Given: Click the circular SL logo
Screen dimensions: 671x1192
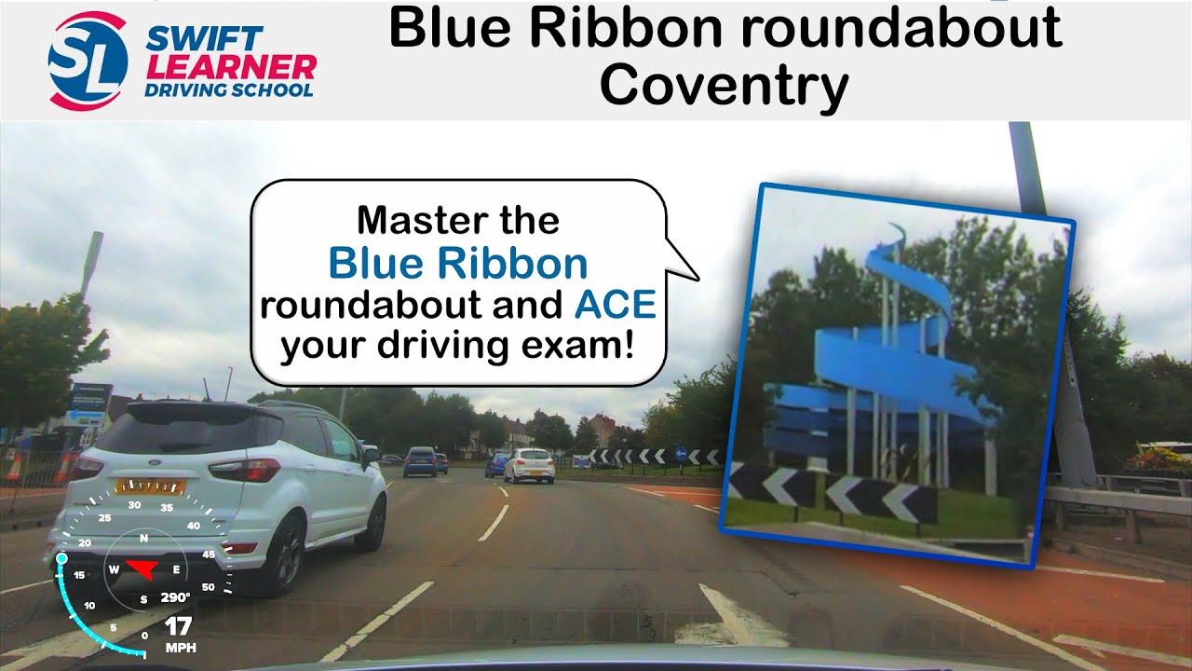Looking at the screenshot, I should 88,62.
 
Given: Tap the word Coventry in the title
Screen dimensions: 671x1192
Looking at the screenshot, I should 724,86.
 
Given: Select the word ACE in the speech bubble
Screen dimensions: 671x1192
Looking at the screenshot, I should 615,306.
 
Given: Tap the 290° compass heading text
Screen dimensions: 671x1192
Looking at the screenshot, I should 175,597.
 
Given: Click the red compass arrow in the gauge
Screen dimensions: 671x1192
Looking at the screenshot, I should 142,568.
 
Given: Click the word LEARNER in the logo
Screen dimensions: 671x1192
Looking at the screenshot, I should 231,67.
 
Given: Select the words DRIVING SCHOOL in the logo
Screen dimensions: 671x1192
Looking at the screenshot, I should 228,90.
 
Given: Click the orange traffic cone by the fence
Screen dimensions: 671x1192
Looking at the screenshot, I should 14,466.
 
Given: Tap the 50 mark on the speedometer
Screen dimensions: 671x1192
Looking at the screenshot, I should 208,587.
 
